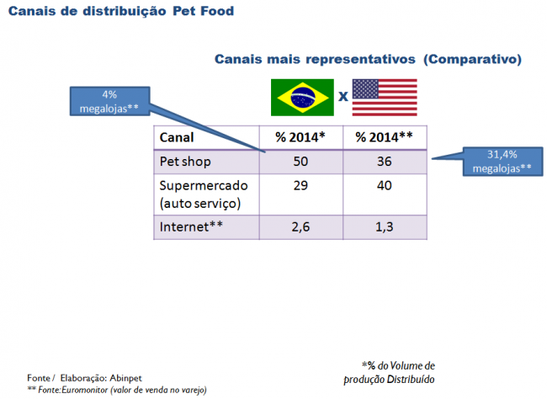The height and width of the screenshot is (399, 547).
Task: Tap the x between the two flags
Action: click(343, 95)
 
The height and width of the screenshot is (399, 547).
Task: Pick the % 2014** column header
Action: click(384, 137)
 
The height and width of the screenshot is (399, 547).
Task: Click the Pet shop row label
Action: click(184, 161)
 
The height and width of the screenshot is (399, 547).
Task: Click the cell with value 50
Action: click(300, 161)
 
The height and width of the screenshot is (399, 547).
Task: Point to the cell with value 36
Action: click(384, 161)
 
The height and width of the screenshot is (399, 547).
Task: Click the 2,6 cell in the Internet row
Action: click(300, 226)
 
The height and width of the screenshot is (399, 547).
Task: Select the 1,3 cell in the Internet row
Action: click(384, 226)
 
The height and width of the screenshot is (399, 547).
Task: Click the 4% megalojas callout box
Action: click(109, 102)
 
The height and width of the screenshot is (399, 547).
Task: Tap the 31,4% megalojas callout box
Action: click(502, 161)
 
